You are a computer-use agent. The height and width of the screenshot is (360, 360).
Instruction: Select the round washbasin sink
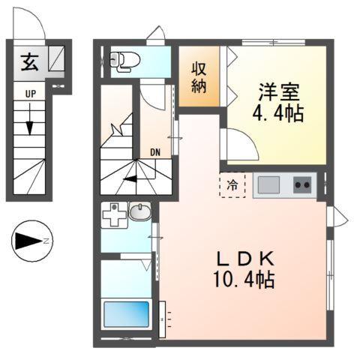click(x=139, y=214)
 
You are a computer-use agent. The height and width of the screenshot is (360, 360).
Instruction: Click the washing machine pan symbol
click(x=115, y=215)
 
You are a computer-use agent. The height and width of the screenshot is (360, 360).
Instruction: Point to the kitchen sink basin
click(x=268, y=184)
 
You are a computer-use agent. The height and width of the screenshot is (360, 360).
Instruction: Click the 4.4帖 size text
click(x=278, y=117)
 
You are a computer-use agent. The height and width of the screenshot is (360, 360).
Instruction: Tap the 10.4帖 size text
click(x=243, y=281)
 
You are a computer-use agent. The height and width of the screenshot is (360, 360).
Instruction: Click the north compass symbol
click(x=31, y=241)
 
